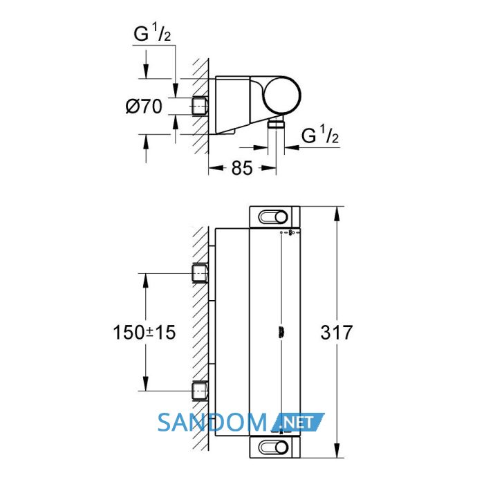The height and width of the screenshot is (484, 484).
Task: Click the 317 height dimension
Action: point(337,333)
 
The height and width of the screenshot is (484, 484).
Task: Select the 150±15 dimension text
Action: point(145,333)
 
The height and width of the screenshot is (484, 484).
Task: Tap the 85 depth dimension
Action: point(242,168)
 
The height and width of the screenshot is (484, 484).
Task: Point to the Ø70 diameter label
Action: point(144,106)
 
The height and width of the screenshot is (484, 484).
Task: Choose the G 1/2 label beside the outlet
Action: point(320,135)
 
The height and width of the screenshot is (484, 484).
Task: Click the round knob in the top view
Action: point(282,95)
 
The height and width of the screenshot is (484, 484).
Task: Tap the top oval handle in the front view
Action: point(273,217)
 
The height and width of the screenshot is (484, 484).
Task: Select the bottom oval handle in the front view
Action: point(273,447)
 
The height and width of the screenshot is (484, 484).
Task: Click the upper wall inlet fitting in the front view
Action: point(200,273)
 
